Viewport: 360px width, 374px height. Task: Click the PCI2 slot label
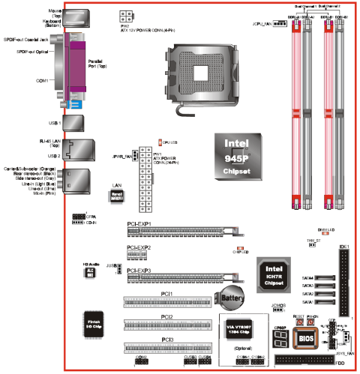click(166, 317)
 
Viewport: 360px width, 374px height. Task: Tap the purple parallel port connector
click(76, 60)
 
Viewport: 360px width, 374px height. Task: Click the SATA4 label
click(307, 277)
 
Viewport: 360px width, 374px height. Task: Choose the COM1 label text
click(41, 79)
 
